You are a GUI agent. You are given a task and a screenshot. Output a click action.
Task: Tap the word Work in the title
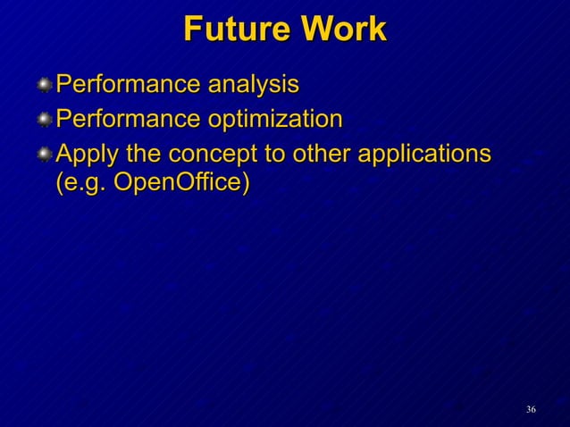click(344, 29)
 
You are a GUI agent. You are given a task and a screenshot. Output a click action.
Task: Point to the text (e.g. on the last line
click(81, 182)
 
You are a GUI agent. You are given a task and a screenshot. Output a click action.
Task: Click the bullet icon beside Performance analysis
click(44, 87)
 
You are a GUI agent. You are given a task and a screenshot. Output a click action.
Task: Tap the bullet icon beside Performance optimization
click(44, 121)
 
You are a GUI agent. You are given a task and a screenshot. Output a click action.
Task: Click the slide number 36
click(531, 409)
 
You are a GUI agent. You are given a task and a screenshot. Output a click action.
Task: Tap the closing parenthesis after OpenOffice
click(244, 182)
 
